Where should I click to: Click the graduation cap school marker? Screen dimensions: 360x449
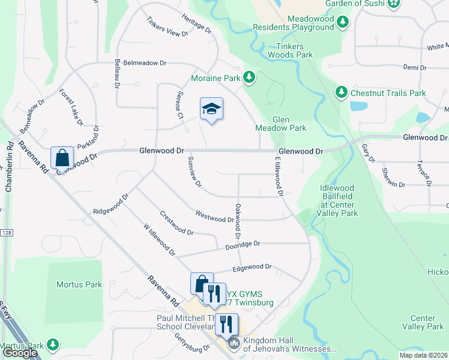pos(211,109)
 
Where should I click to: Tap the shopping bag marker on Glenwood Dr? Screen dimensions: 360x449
pos(62,158)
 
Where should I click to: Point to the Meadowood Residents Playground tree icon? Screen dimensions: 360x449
pos(343,23)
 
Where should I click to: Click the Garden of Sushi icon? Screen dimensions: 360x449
pos(394,4)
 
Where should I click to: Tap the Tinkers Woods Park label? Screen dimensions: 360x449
pos(295,50)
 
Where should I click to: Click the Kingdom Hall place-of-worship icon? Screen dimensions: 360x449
pos(233,344)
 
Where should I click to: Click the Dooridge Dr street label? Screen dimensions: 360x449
pos(243,245)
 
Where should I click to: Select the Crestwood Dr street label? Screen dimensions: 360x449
pos(176,223)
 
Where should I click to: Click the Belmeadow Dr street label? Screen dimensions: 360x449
pos(140,62)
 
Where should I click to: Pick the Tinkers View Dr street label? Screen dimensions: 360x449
pos(167,26)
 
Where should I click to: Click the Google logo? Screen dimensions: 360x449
pos(20,353)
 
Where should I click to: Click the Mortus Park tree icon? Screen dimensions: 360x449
pos(53,344)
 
